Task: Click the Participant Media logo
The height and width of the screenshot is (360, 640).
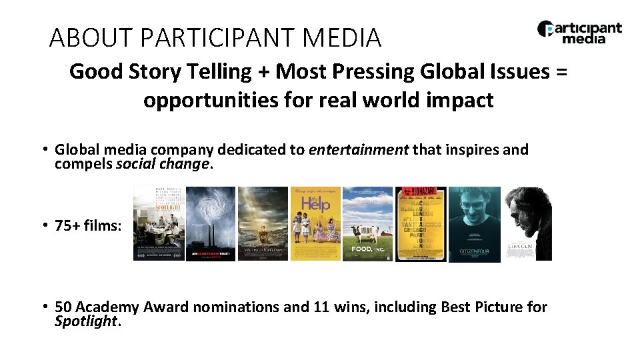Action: pos(579,32)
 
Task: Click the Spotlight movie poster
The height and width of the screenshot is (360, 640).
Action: pos(159,223)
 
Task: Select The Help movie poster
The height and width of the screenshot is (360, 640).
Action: pos(315,223)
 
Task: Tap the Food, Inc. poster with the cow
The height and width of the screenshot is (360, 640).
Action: pos(367,223)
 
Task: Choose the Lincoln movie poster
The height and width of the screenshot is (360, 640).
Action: pos(527,223)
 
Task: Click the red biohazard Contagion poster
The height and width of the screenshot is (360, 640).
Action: pos(421,223)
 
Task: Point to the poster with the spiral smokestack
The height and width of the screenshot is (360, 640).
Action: pos(210,223)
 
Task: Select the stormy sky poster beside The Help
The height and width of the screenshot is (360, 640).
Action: pos(263,223)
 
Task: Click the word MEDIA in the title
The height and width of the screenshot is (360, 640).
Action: pos(341,38)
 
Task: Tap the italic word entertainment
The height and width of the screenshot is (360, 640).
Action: pos(359,149)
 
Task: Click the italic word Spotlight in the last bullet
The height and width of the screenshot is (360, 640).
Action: pos(85,321)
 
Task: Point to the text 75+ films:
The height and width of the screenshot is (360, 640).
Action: pos(89,225)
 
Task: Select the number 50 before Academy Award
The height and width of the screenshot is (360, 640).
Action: pos(63,307)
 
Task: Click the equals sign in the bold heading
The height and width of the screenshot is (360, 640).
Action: pos(561,71)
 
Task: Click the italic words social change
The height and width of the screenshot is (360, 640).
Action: pos(162,163)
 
